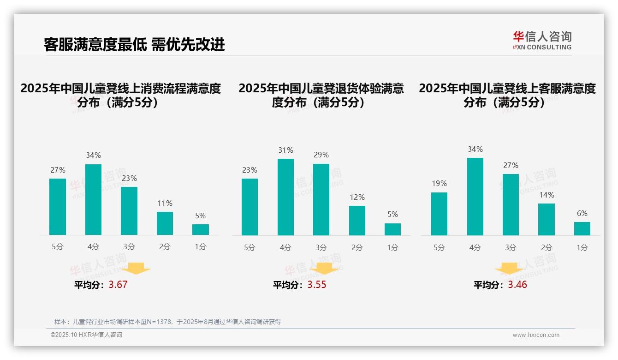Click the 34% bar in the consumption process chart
pos(93,199)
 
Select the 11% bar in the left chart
pos(165,223)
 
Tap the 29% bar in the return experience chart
pos(321,199)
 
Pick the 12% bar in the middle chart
pos(357,220)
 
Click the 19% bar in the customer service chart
pos(439,214)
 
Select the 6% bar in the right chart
pos(582,228)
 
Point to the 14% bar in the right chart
pos(547,219)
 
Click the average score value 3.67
pos(118,285)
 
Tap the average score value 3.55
pos(317,285)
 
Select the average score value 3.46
pos(517,285)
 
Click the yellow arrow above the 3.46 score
pos(509,269)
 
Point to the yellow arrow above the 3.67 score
pos(136,268)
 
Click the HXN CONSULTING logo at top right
pos(542,41)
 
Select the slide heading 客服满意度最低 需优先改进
pos(134,44)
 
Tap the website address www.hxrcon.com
pos(536,335)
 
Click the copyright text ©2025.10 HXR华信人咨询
pos(86,335)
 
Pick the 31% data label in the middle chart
pos(285,150)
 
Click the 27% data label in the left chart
pos(58,170)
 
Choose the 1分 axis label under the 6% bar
pos(582,247)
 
